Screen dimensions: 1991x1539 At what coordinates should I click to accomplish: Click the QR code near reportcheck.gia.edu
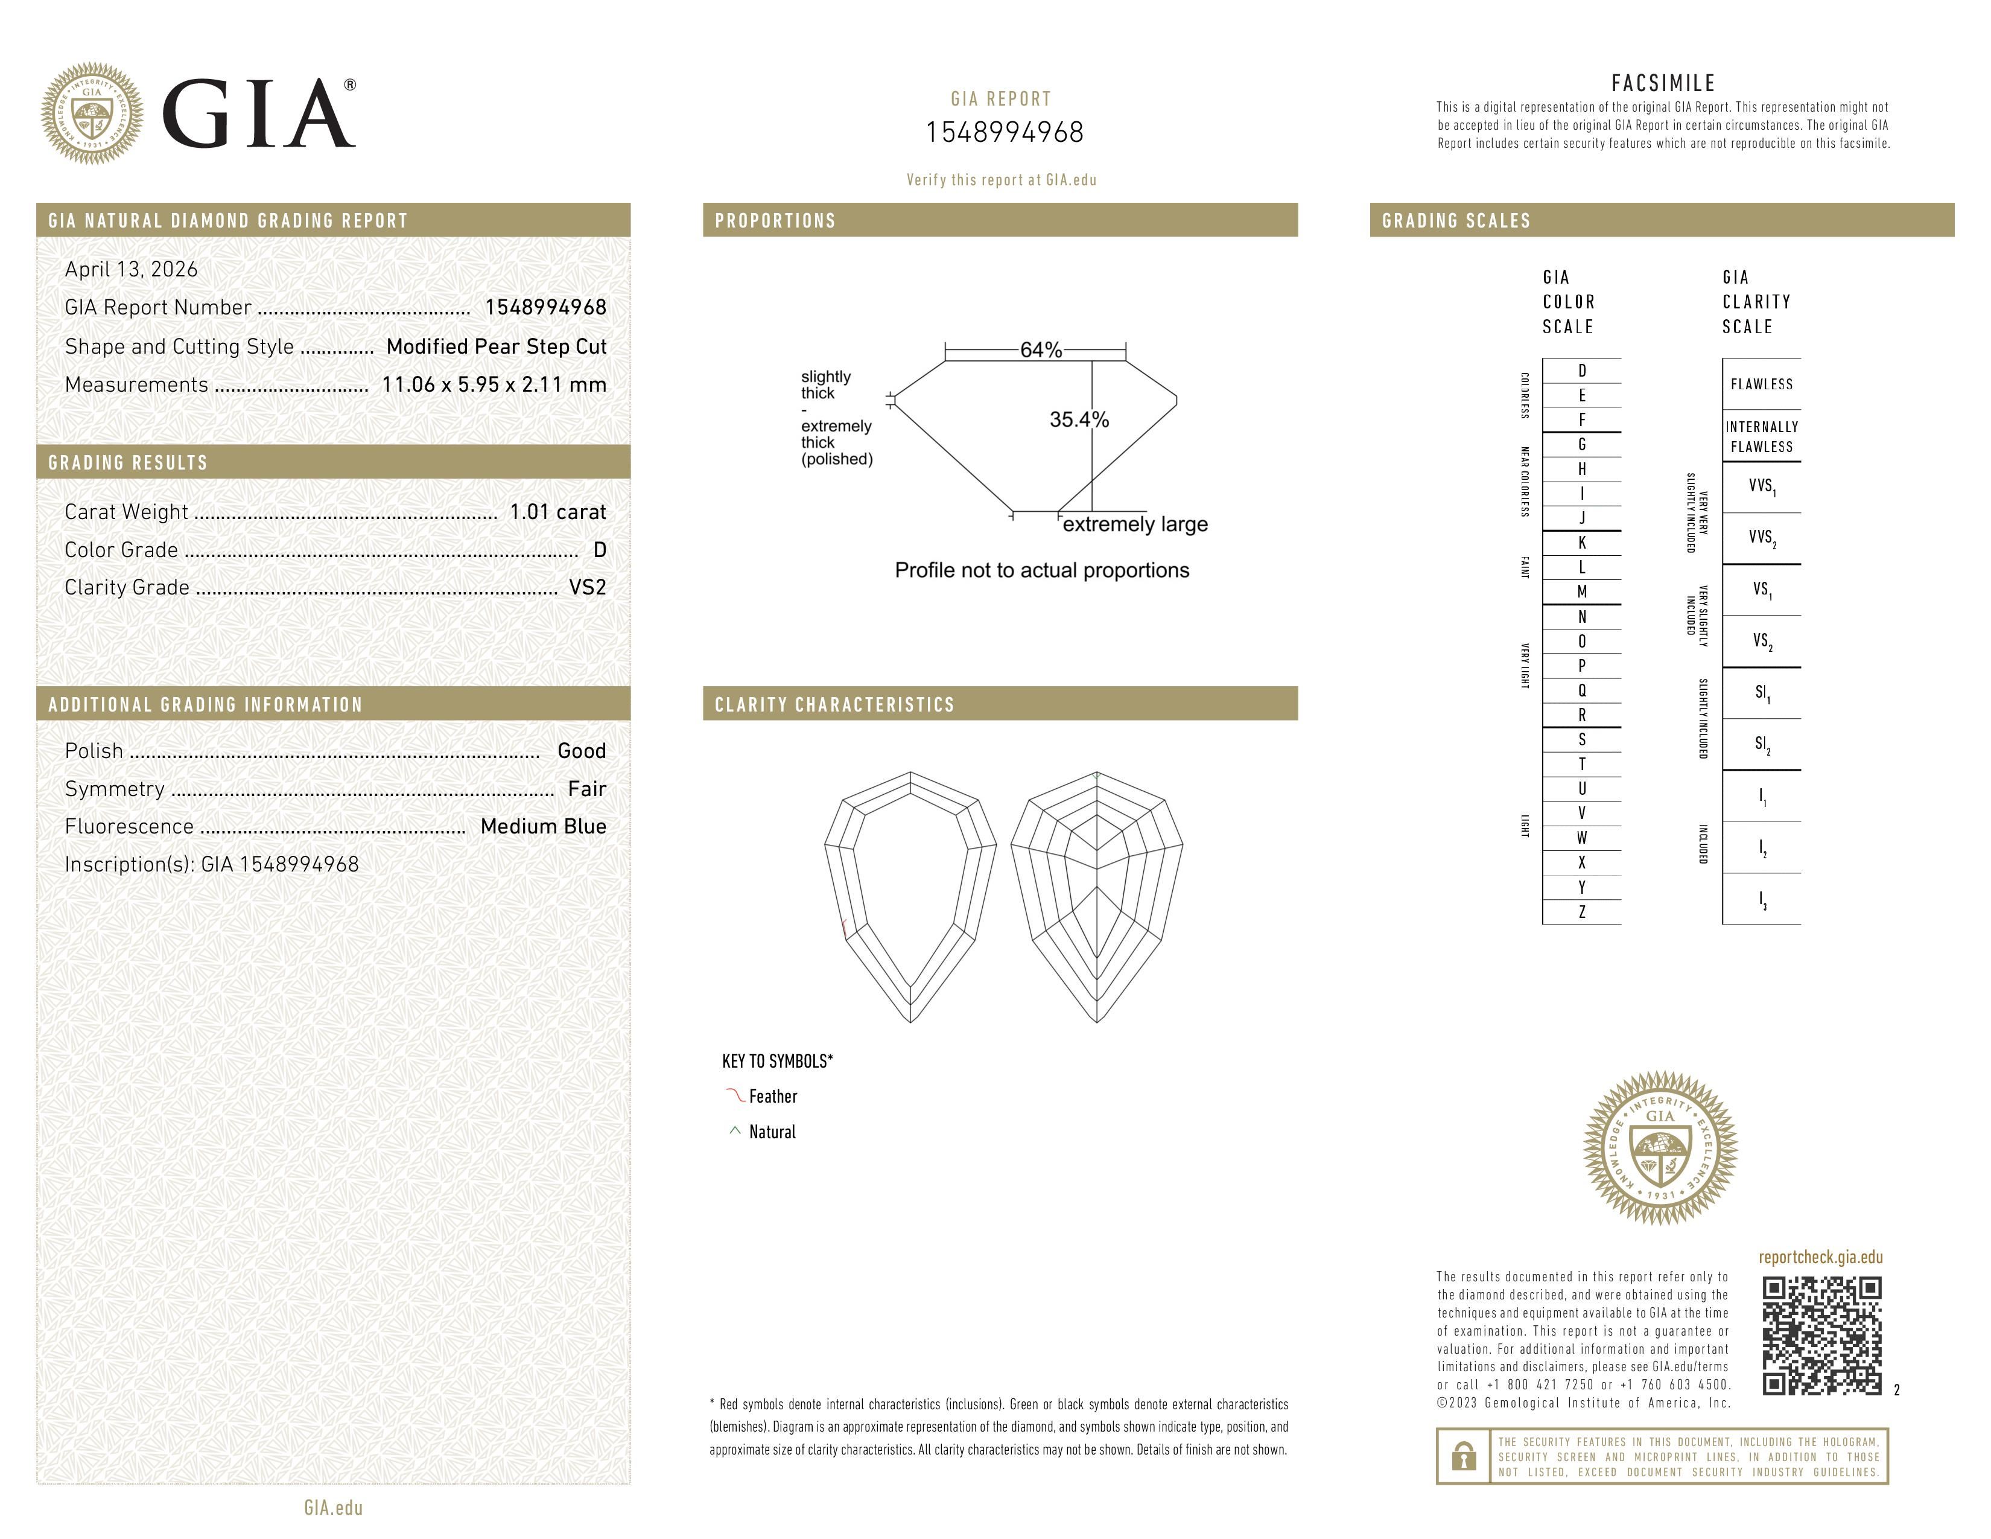tap(1821, 1336)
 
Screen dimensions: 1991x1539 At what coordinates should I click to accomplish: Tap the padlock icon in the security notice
tap(1463, 1456)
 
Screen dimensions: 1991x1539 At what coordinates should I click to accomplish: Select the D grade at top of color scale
tap(1582, 370)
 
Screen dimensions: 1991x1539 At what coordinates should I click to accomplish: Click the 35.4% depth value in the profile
tap(1079, 419)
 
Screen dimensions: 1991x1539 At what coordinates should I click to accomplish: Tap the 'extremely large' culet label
tap(1135, 524)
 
